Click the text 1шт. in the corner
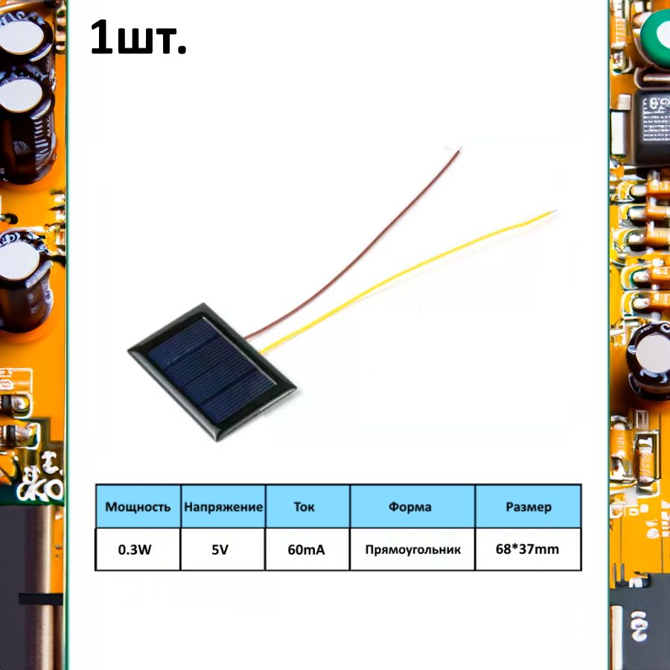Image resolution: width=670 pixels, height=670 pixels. pyautogui.click(x=138, y=39)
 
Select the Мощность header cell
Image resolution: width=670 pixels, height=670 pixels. pyautogui.click(x=138, y=507)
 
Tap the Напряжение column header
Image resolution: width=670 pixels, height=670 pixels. pyautogui.click(x=223, y=507)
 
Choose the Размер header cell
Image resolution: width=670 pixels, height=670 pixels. pyautogui.click(x=529, y=507)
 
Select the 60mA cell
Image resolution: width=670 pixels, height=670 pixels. pyautogui.click(x=306, y=550)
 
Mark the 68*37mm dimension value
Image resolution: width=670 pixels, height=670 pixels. pyautogui.click(x=528, y=550)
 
